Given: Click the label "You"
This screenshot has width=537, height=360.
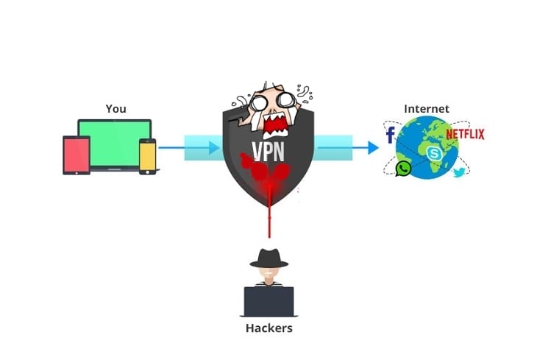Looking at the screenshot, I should (115, 109).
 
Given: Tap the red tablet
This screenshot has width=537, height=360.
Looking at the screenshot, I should (76, 155).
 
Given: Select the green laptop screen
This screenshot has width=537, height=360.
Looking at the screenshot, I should (114, 141).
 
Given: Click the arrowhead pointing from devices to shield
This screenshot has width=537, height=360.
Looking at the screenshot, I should (215, 148).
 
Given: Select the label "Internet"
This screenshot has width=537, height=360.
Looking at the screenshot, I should (427, 109).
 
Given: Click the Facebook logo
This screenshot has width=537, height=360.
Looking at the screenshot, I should (390, 135).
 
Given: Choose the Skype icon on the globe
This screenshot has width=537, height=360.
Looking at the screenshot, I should (433, 153).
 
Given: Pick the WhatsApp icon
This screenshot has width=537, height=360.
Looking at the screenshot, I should (404, 169).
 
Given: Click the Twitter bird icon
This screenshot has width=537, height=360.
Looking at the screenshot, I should (460, 173).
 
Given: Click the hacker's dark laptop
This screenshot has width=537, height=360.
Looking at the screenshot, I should (268, 300).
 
